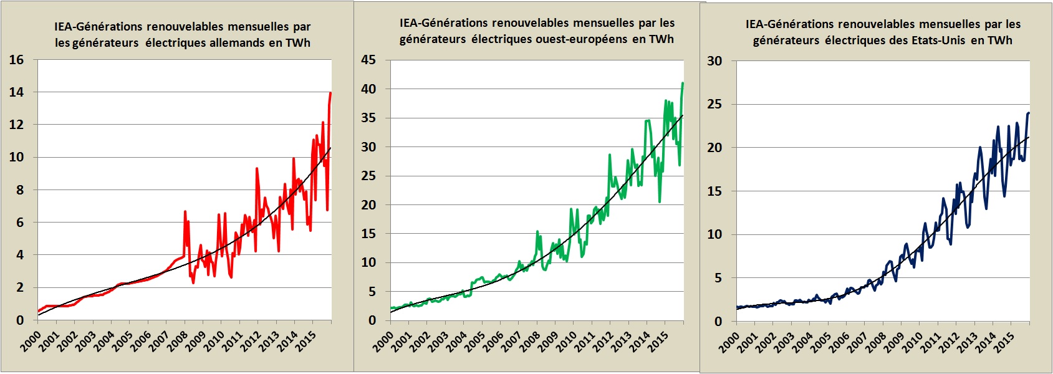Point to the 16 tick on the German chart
(x=16, y=60)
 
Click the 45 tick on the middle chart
(x=368, y=60)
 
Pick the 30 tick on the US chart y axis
(x=714, y=61)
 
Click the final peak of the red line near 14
(x=330, y=93)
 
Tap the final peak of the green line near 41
(x=683, y=83)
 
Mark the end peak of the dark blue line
(x=1028, y=113)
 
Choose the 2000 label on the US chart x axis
(x=729, y=342)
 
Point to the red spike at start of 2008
(x=185, y=212)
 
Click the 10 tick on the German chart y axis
(x=16, y=157)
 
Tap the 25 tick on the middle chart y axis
(x=368, y=176)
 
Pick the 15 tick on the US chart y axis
(x=714, y=191)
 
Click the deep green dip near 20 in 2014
(x=660, y=201)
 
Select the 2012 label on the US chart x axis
(x=948, y=342)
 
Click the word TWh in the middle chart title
(x=661, y=39)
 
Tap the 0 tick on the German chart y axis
(x=20, y=320)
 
